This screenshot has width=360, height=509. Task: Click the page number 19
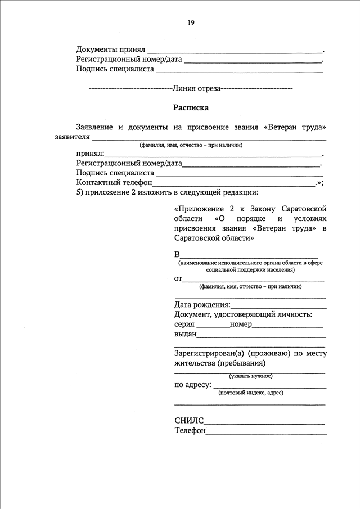pyautogui.click(x=191, y=23)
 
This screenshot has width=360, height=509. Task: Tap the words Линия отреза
pyautogui.click(x=197, y=88)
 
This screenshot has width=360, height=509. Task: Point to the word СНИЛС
pyautogui.click(x=189, y=420)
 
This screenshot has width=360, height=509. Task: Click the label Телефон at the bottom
pyautogui.click(x=190, y=431)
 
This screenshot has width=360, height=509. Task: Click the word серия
pyautogui.click(x=184, y=325)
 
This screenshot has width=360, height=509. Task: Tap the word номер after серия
pyautogui.click(x=241, y=325)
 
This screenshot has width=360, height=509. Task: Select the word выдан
pyautogui.click(x=186, y=334)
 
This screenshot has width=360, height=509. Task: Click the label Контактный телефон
pyautogui.click(x=114, y=183)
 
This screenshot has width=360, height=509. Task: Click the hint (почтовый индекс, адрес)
pyautogui.click(x=251, y=393)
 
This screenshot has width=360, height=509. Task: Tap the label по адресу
pyautogui.click(x=193, y=385)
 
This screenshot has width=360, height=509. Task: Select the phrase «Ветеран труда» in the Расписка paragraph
pyautogui.click(x=295, y=127)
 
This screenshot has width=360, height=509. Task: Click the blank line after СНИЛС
pyautogui.click(x=264, y=422)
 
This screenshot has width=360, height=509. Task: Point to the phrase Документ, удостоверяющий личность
pyautogui.click(x=243, y=314)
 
